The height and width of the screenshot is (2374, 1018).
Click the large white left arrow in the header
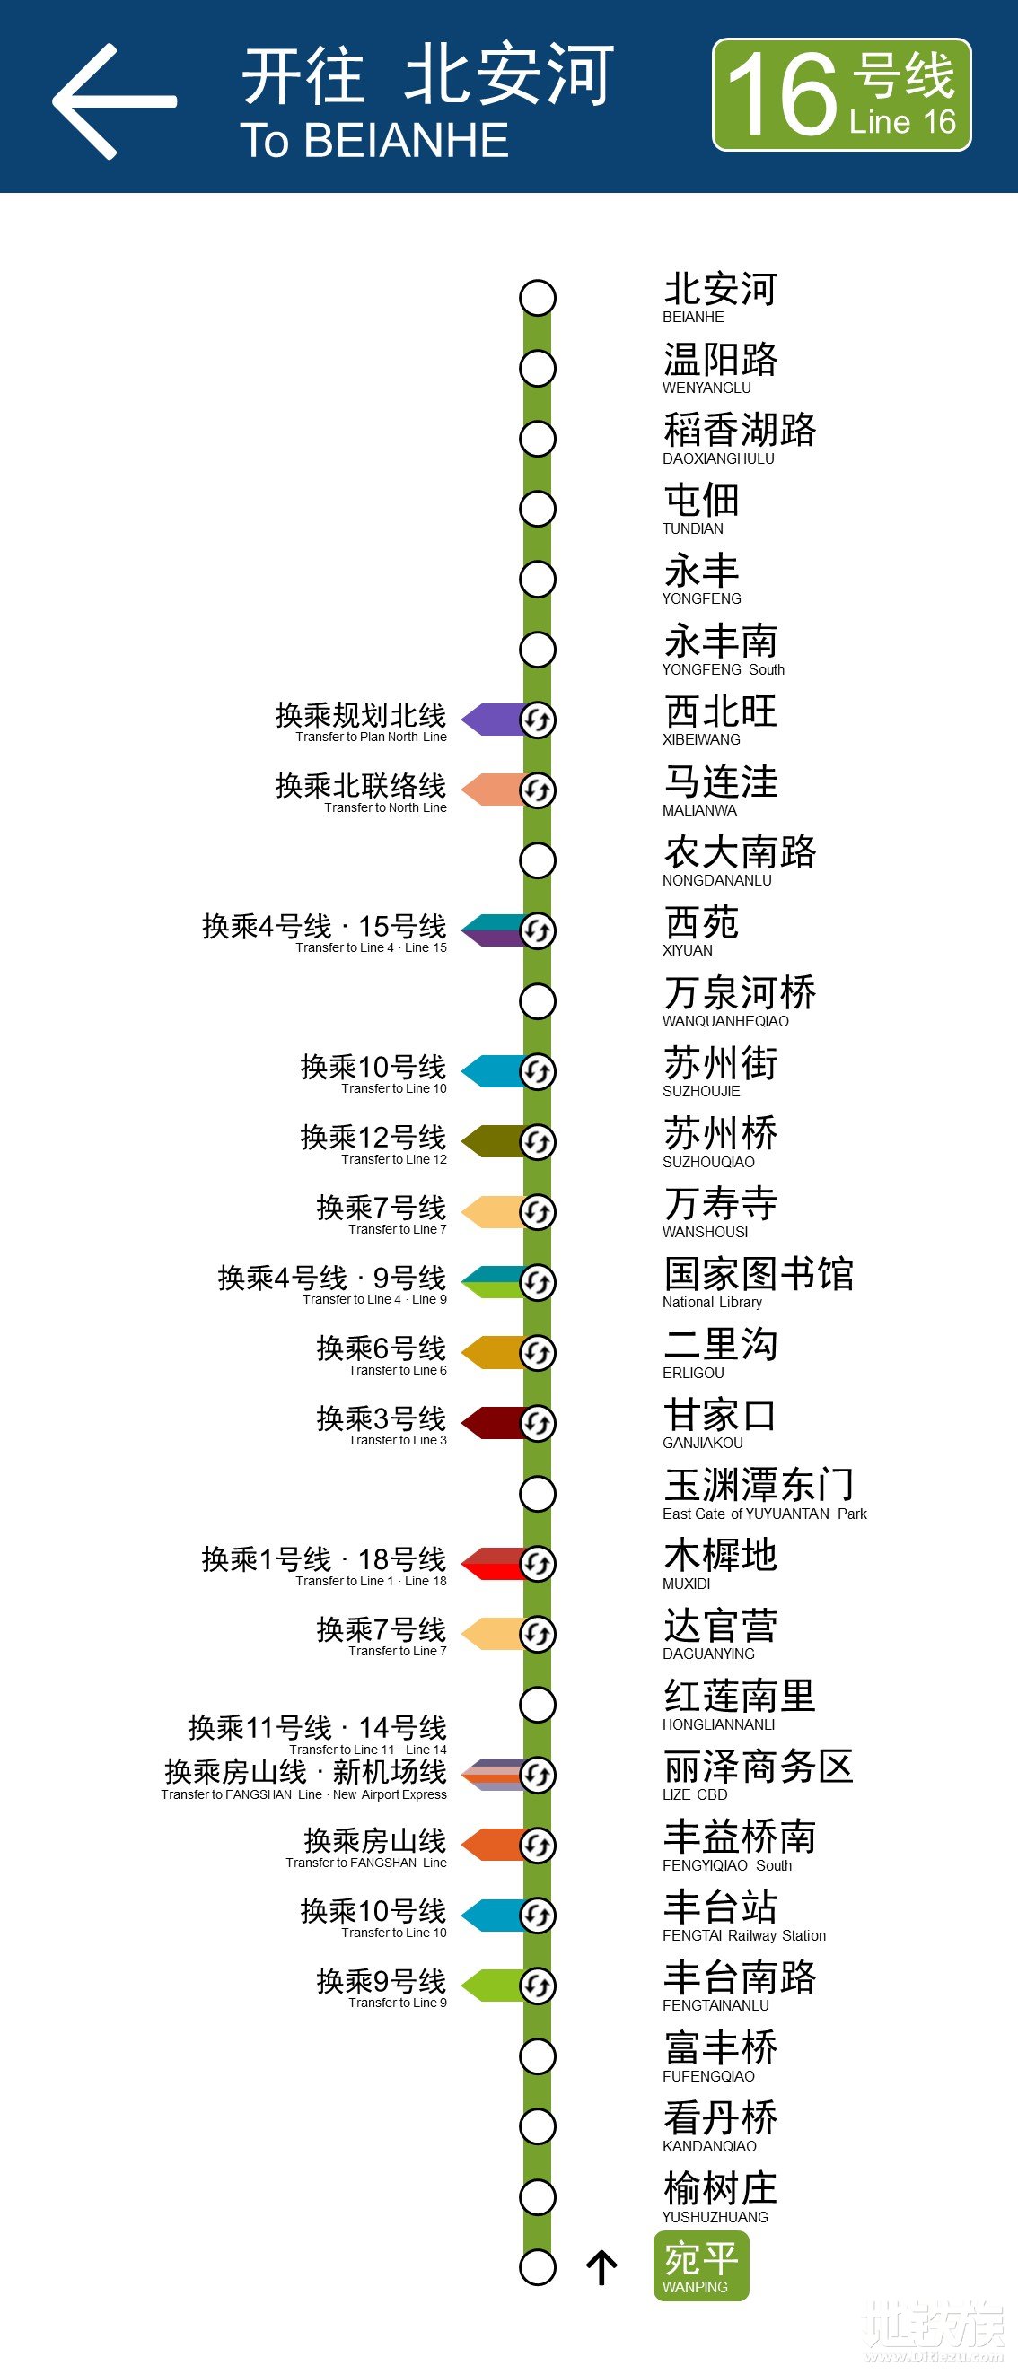[x=112, y=101]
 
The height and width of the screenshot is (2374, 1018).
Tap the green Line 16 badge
[x=841, y=95]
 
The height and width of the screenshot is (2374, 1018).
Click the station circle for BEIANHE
[x=538, y=298]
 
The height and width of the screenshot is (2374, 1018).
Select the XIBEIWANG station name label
[x=720, y=720]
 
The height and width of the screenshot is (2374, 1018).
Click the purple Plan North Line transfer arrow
[x=493, y=720]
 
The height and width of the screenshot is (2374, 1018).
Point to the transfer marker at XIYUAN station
[x=538, y=930]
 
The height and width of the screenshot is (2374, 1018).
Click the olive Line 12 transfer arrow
[x=493, y=1142]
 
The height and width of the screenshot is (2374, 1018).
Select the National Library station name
[x=758, y=1282]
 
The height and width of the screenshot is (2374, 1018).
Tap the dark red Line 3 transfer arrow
[x=493, y=1423]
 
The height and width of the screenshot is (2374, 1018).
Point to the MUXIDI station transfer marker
[x=538, y=1564]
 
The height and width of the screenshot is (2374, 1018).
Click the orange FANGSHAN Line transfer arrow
[x=493, y=1845]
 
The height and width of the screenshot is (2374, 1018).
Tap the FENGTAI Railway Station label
[x=743, y=1915]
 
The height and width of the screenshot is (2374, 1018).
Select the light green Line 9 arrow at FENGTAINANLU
[x=493, y=1986]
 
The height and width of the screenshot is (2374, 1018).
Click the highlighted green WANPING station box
[x=701, y=2266]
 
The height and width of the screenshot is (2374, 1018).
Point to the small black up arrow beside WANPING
[x=601, y=2268]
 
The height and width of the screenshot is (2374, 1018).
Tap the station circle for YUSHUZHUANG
[x=538, y=2197]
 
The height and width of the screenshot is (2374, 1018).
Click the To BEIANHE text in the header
[x=374, y=141]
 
